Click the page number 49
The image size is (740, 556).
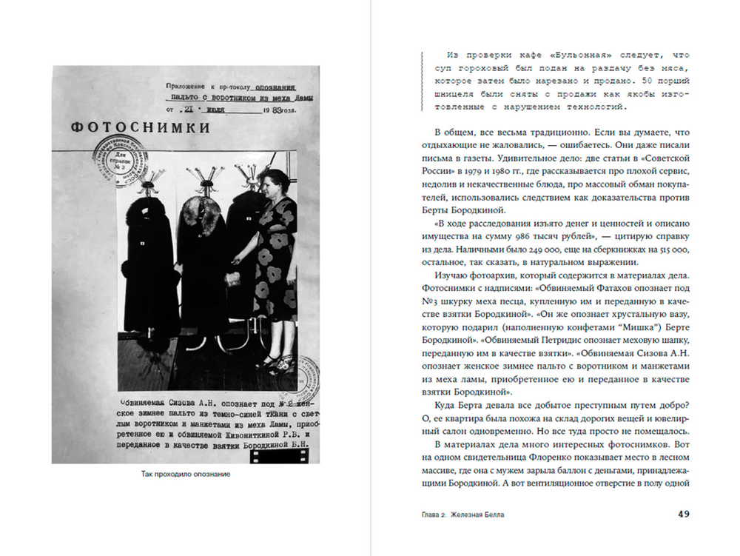(684, 514)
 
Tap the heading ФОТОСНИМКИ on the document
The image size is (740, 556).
(141, 127)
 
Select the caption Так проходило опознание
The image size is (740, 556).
(186, 474)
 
